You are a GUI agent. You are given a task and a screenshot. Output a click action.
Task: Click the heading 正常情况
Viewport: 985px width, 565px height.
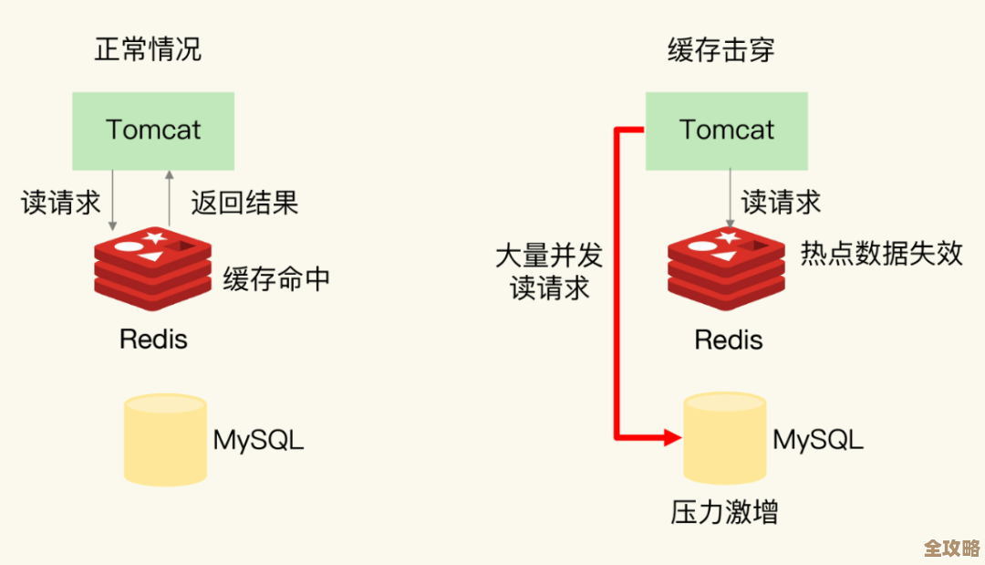click(x=148, y=49)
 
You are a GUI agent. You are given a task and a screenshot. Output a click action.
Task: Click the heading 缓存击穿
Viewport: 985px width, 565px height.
click(x=721, y=49)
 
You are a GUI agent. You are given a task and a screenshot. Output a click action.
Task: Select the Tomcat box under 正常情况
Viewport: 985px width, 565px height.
click(x=153, y=130)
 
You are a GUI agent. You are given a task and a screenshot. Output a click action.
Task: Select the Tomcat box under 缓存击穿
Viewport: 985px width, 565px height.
click(x=726, y=130)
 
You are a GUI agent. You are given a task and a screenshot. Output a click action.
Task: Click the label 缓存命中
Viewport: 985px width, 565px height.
click(x=276, y=278)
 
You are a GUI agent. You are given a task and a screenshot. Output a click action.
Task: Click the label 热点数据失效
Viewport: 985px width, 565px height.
click(x=881, y=253)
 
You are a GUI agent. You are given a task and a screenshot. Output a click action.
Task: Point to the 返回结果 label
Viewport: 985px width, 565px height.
click(x=244, y=202)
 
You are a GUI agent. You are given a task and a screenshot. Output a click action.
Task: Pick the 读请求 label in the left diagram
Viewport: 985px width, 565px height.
click(x=61, y=202)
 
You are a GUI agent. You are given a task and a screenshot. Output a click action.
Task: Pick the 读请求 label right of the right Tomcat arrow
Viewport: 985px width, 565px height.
click(x=781, y=202)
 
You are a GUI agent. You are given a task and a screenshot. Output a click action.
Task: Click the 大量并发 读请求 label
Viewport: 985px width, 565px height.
click(x=549, y=271)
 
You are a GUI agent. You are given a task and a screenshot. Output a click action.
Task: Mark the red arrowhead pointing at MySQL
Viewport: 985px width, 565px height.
click(x=673, y=437)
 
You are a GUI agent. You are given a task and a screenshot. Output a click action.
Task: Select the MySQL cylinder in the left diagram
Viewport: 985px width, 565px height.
click(x=165, y=439)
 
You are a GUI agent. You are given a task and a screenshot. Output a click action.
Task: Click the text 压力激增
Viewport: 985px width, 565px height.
click(x=724, y=512)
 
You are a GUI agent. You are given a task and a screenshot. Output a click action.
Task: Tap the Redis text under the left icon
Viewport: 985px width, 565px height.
click(x=153, y=340)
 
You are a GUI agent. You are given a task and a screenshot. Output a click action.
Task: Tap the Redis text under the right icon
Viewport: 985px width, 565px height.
click(x=728, y=340)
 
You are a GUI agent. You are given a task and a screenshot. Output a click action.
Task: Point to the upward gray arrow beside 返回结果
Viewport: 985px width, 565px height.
click(x=167, y=196)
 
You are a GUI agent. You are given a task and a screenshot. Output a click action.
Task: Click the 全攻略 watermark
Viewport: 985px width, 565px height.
click(x=950, y=548)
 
